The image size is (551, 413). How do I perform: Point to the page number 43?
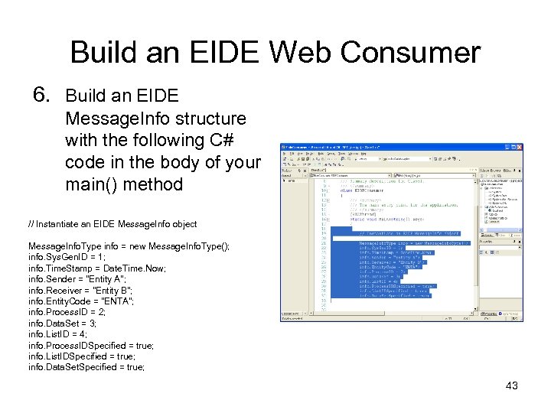[511, 385]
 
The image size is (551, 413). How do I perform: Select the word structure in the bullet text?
[210, 119]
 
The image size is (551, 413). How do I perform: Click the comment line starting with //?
[112, 224]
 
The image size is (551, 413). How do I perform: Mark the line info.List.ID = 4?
[57, 334]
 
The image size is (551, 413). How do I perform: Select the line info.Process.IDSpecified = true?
[90, 346]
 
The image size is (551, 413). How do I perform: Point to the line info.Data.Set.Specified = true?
[86, 367]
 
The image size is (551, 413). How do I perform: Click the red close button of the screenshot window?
[519, 147]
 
